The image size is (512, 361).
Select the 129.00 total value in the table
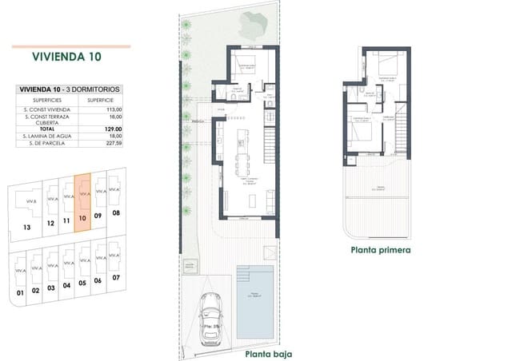pyautogui.click(x=113, y=129)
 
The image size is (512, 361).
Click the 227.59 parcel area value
pyautogui.click(x=113, y=145)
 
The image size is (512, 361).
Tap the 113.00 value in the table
pyautogui.click(x=113, y=109)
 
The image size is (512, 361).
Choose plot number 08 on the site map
pyautogui.click(x=115, y=213)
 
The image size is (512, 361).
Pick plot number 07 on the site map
pyautogui.click(x=116, y=277)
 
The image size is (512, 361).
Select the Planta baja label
pyautogui.click(x=268, y=353)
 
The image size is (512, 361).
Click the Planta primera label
pyautogui.click(x=380, y=249)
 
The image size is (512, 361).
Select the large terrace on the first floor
pyautogui.click(x=376, y=192)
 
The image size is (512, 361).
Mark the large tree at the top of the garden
pyautogui.click(x=254, y=30)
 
